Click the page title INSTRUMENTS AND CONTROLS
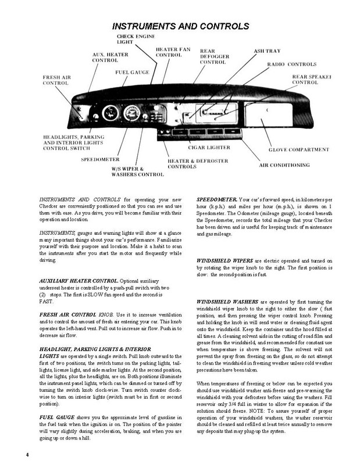coord(180,27)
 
